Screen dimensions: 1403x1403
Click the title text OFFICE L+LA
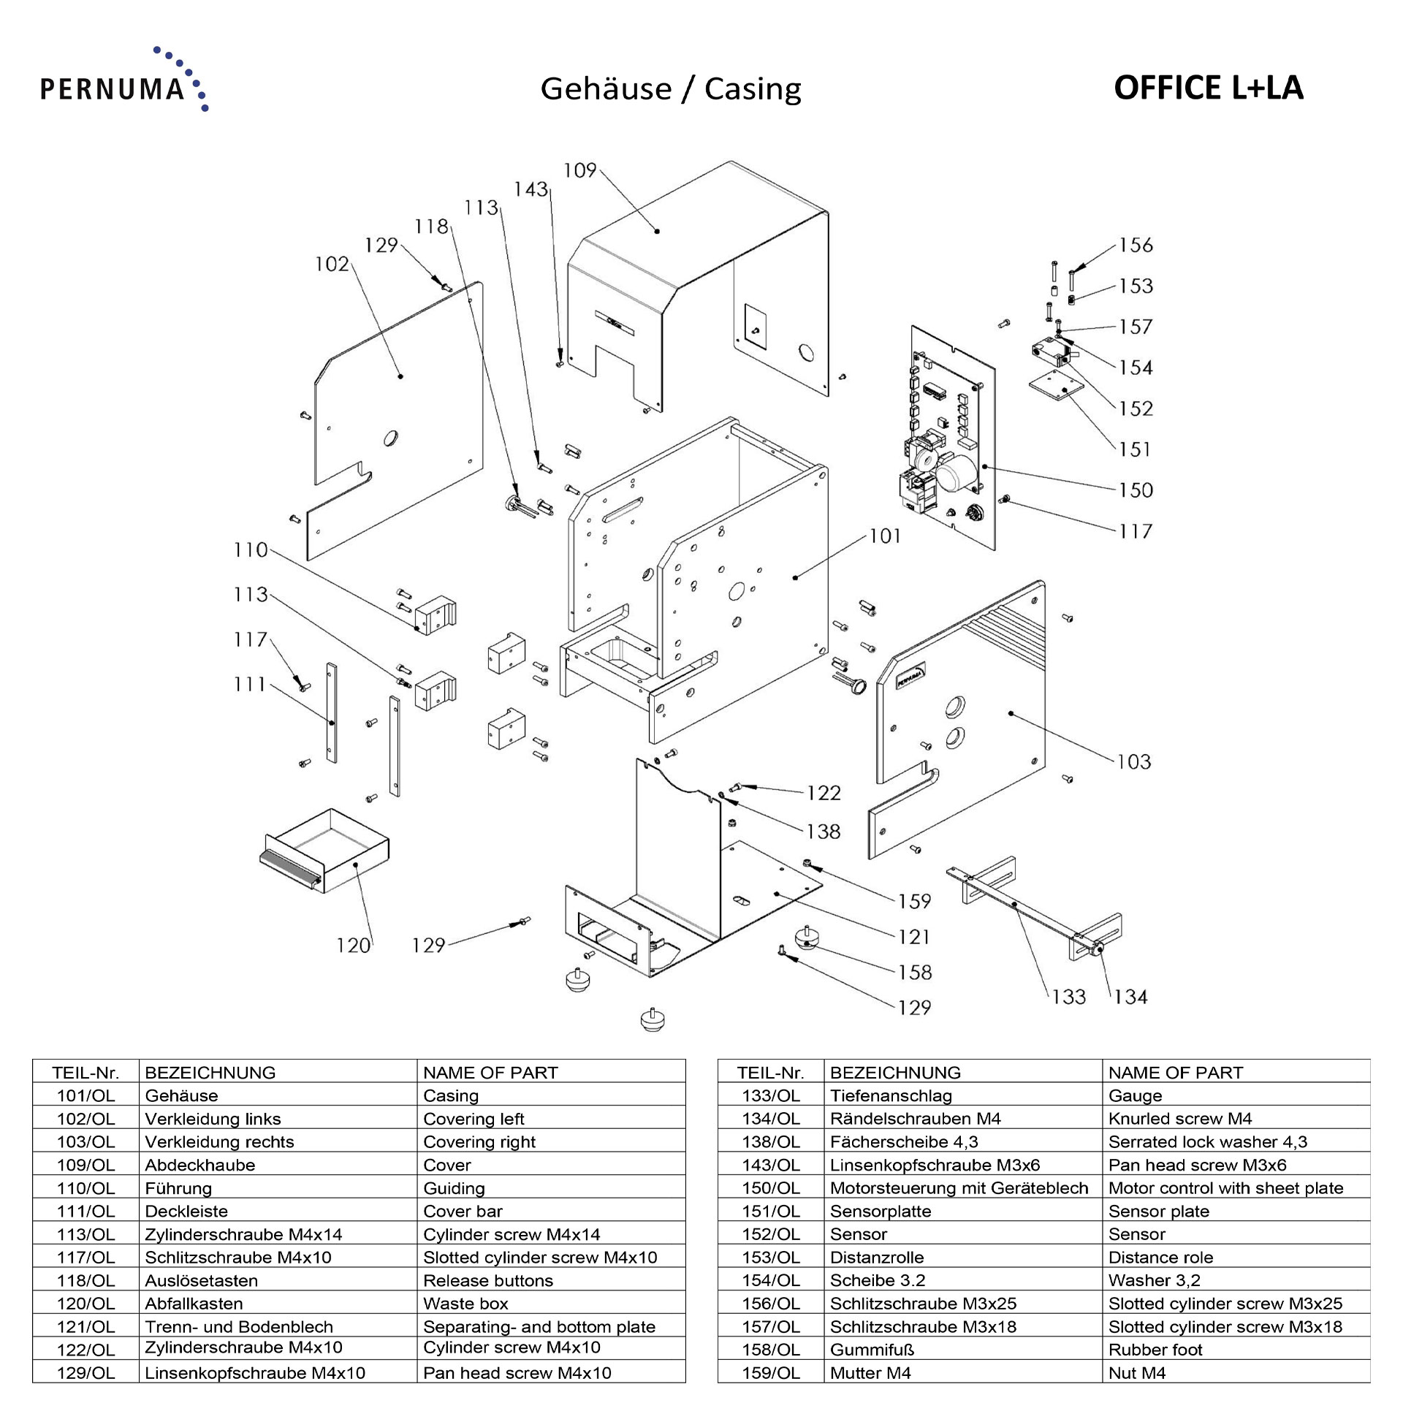pos(1208,88)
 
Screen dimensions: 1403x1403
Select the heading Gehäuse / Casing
pos(670,89)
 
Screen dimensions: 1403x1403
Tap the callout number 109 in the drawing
pos(580,171)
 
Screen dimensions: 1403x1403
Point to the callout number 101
pos(885,536)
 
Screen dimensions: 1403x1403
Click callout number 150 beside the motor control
pos(1135,490)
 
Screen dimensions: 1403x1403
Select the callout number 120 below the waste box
pos(353,946)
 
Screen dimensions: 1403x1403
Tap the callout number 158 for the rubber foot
pos(915,973)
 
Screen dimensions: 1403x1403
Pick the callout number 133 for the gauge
pos(1068,997)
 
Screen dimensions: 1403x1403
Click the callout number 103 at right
pos(1133,762)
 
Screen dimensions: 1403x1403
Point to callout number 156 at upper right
pos(1135,245)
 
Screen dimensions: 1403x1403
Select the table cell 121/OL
pos(85,1327)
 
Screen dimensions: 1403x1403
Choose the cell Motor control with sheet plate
pos(1225,1188)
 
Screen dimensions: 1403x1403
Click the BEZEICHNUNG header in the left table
pos(210,1073)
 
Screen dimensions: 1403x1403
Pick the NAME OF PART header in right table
pos(1175,1073)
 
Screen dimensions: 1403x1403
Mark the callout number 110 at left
pos(251,550)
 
